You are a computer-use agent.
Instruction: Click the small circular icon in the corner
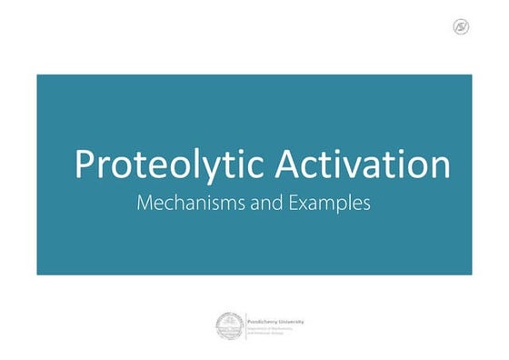pos(460,26)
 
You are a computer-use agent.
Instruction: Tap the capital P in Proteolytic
pos(85,165)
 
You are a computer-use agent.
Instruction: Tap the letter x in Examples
pos(304,205)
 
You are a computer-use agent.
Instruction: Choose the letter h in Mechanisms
pos(176,204)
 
